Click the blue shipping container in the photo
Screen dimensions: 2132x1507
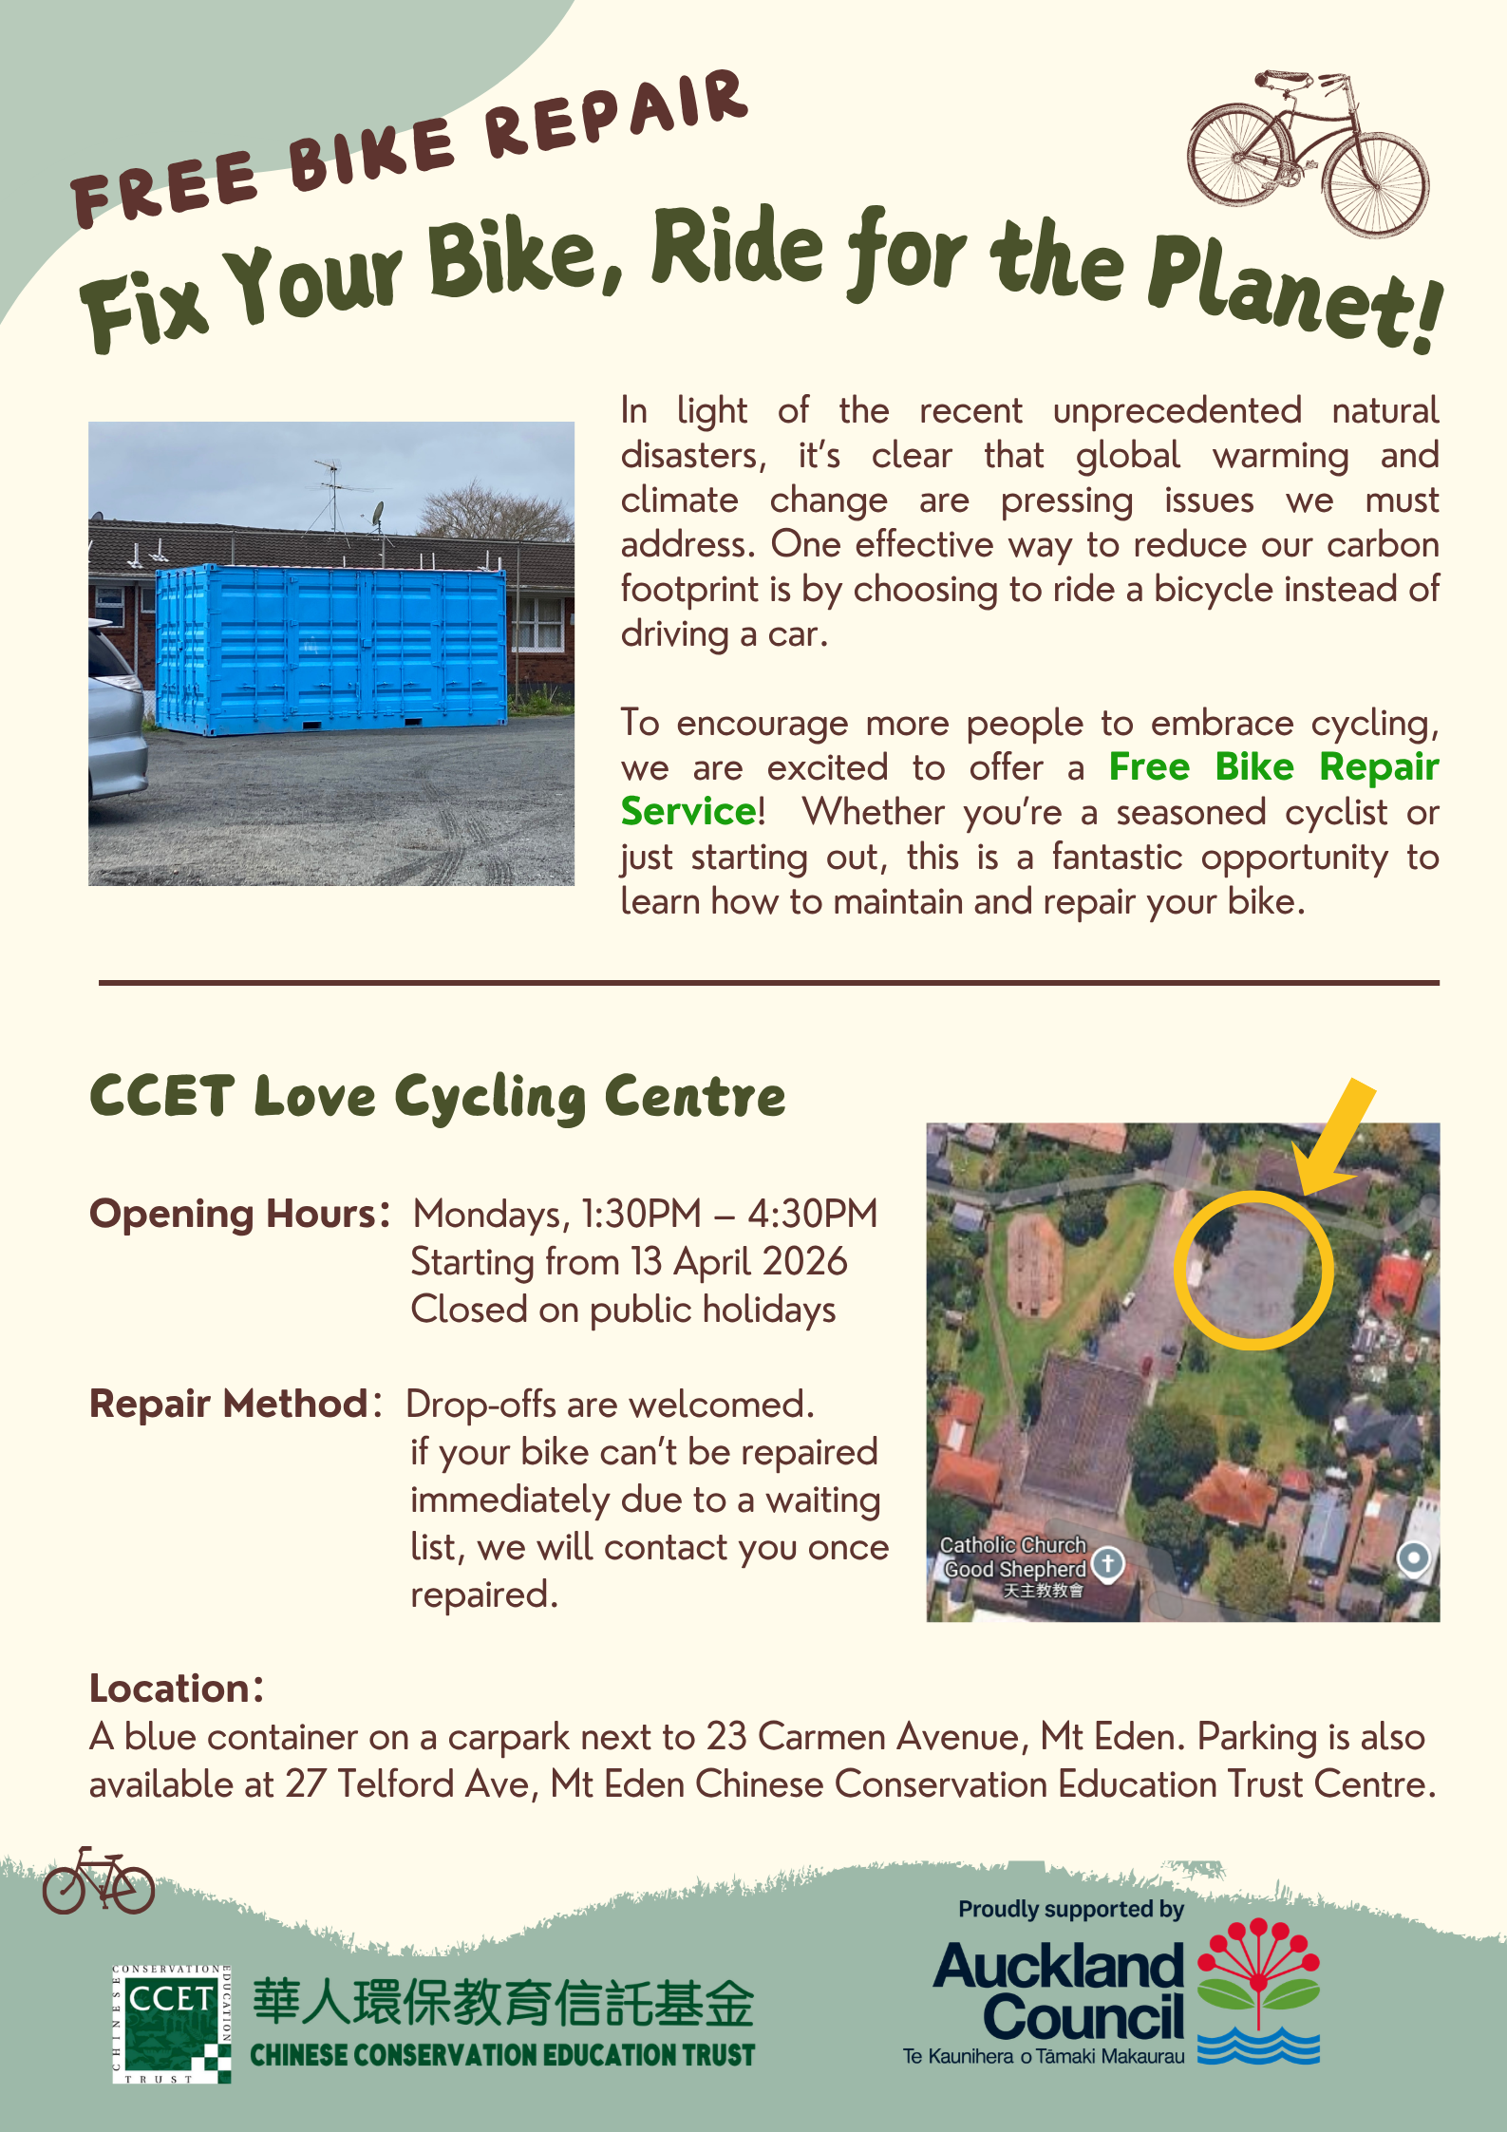(330, 648)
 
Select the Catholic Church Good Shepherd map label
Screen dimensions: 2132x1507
(1013, 1557)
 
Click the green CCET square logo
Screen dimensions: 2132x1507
(171, 2024)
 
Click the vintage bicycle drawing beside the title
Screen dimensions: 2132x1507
(1308, 152)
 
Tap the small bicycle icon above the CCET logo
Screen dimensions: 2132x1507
(98, 1881)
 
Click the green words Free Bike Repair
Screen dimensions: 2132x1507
(1273, 767)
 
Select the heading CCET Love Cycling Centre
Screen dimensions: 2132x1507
(438, 1097)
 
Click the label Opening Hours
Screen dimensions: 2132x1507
(234, 1214)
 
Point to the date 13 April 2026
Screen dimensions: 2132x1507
(739, 1262)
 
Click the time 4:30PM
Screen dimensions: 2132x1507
(813, 1214)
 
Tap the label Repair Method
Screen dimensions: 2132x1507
(229, 1404)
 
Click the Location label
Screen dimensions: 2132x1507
(172, 1689)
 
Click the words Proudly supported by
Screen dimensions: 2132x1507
(1071, 1909)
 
